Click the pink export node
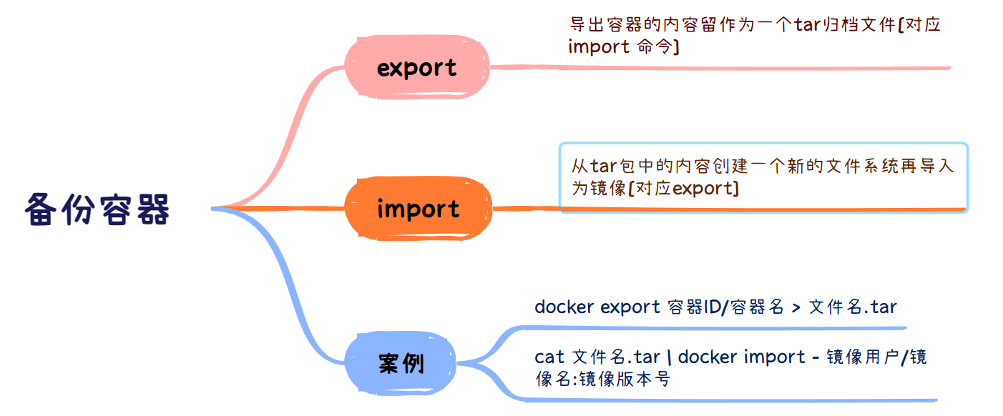416,68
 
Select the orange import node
418,209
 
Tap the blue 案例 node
401,364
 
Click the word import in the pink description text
599,47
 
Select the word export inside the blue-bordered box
704,189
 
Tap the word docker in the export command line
564,307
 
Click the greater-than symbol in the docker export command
796,307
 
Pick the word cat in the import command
549,356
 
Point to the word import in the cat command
775,356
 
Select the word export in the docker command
630,307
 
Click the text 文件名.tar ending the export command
853,307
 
